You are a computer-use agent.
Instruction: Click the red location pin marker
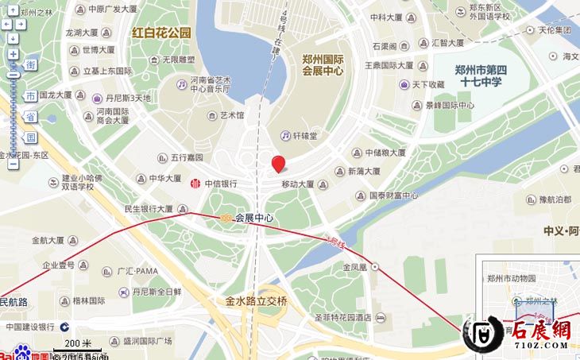(278, 164)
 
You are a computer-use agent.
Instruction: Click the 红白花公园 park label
(162, 33)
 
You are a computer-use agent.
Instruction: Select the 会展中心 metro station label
(253, 217)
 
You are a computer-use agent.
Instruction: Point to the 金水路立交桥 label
(256, 302)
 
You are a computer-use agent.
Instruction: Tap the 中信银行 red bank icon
(195, 184)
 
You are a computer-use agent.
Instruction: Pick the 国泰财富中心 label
(393, 195)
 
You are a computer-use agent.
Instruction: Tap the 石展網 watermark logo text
(539, 331)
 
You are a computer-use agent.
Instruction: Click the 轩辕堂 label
(304, 136)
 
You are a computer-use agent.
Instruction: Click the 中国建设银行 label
(30, 326)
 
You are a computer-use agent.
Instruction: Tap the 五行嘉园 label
(186, 157)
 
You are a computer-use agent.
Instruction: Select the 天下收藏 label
(428, 84)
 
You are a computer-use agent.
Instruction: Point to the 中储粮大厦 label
(383, 153)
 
